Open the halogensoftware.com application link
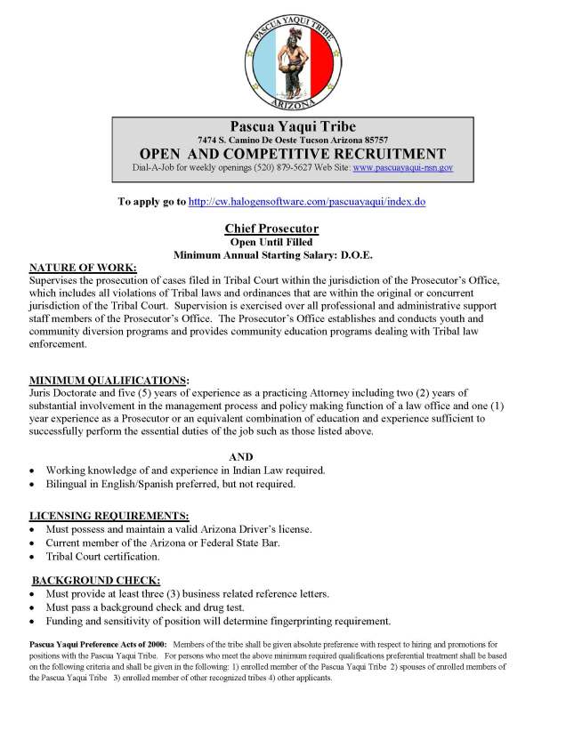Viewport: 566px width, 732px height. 306,202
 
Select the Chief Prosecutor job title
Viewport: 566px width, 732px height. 271,229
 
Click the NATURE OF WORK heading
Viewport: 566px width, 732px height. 84,267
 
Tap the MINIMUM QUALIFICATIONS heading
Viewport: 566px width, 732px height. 109,379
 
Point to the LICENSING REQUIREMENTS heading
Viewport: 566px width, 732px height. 109,515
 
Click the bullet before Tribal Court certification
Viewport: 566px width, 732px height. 34,557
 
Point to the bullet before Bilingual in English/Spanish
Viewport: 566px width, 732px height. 34,485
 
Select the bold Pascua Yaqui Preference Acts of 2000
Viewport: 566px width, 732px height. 97,642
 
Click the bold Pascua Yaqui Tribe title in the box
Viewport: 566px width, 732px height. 293,126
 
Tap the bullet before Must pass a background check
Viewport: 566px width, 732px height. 34,607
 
